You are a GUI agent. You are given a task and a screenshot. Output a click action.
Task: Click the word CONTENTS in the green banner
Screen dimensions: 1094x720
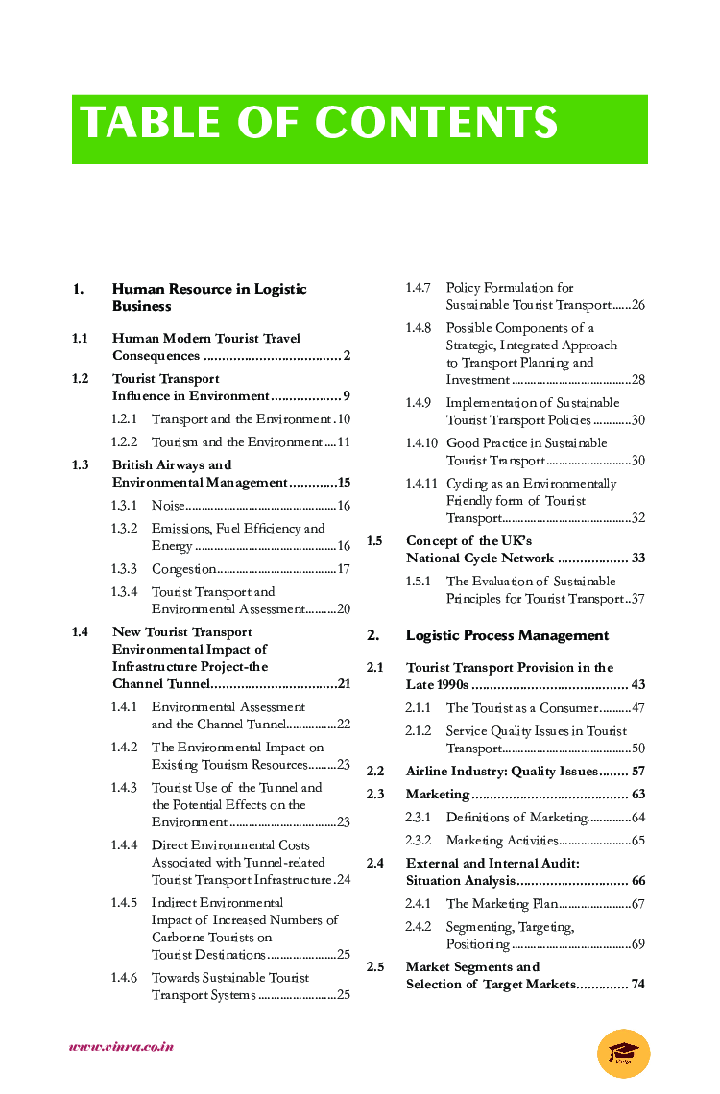tap(437, 124)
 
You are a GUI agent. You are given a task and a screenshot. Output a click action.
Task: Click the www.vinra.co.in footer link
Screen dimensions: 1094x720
tap(121, 1046)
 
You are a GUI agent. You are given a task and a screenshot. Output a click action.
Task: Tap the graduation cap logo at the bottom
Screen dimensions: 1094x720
tap(623, 1053)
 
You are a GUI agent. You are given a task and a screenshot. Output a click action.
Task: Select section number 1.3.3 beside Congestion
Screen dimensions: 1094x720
tap(124, 569)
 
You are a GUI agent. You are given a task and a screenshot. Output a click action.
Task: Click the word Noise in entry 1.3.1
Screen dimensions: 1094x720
tap(168, 506)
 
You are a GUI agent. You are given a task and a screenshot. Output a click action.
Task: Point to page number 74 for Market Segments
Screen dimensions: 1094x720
tap(637, 985)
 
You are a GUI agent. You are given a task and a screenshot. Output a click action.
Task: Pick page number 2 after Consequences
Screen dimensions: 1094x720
tap(347, 356)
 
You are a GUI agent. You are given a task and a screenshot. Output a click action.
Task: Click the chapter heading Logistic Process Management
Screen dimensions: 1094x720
tap(507, 635)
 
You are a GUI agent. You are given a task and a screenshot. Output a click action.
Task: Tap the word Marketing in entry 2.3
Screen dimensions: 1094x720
tap(438, 795)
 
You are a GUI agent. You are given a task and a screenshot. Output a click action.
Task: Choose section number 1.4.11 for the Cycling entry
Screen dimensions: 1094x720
tap(421, 484)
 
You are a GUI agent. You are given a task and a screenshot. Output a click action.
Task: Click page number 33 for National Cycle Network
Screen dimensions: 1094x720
tap(637, 559)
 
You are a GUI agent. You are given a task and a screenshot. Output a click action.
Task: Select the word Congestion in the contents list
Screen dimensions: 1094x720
tap(183, 569)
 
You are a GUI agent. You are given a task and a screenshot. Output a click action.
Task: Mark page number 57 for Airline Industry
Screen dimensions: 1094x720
tap(637, 772)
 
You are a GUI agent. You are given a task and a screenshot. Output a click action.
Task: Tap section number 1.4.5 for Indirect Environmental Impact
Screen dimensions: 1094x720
tap(124, 903)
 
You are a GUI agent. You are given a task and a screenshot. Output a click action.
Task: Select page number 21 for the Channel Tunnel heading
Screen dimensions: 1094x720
tap(344, 684)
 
